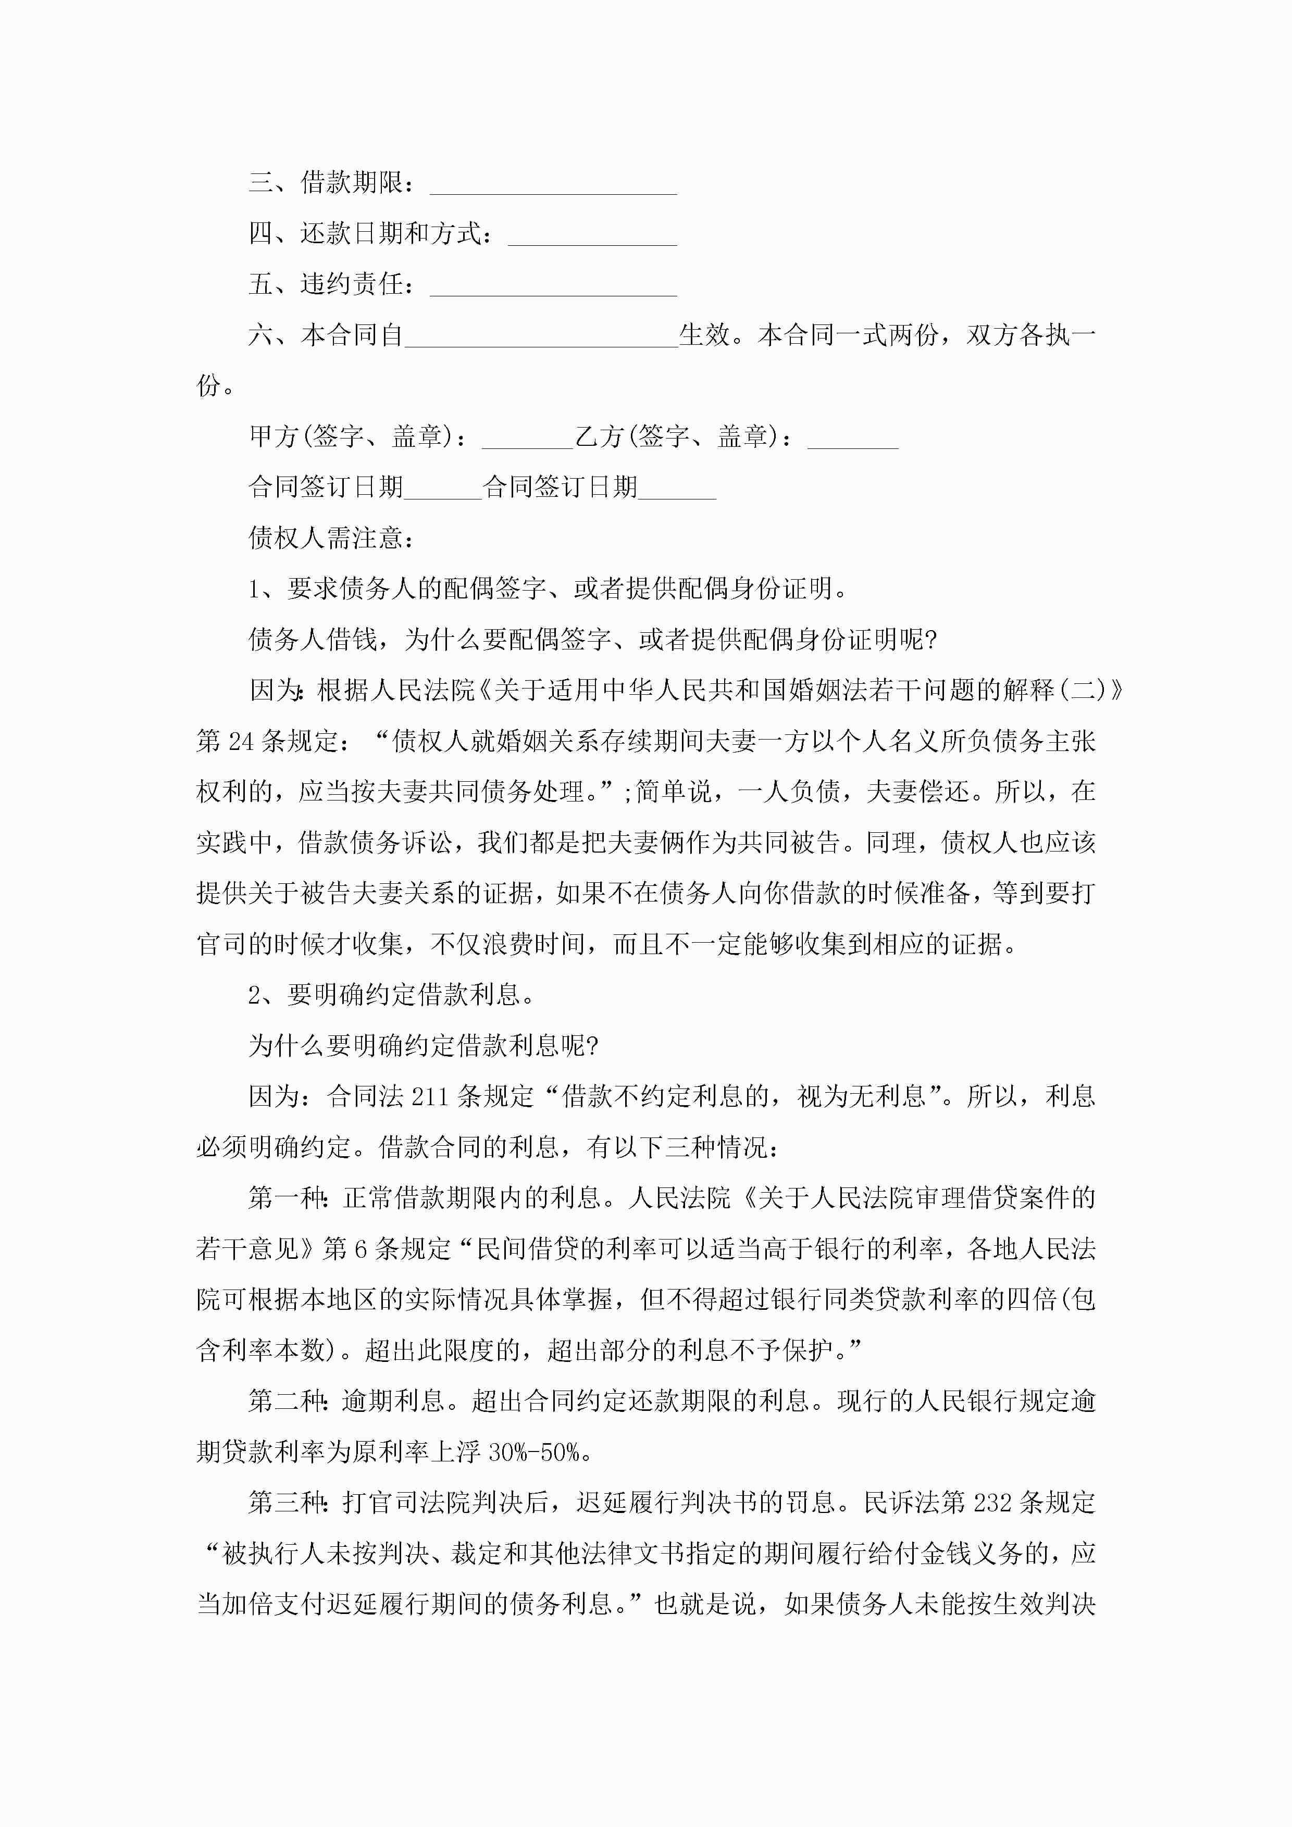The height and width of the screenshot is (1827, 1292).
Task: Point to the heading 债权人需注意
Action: coord(331,539)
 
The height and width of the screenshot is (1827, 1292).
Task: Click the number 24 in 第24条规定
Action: coord(240,742)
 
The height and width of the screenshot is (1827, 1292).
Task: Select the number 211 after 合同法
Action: coord(430,1096)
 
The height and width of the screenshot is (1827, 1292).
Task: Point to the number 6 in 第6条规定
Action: coord(360,1248)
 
